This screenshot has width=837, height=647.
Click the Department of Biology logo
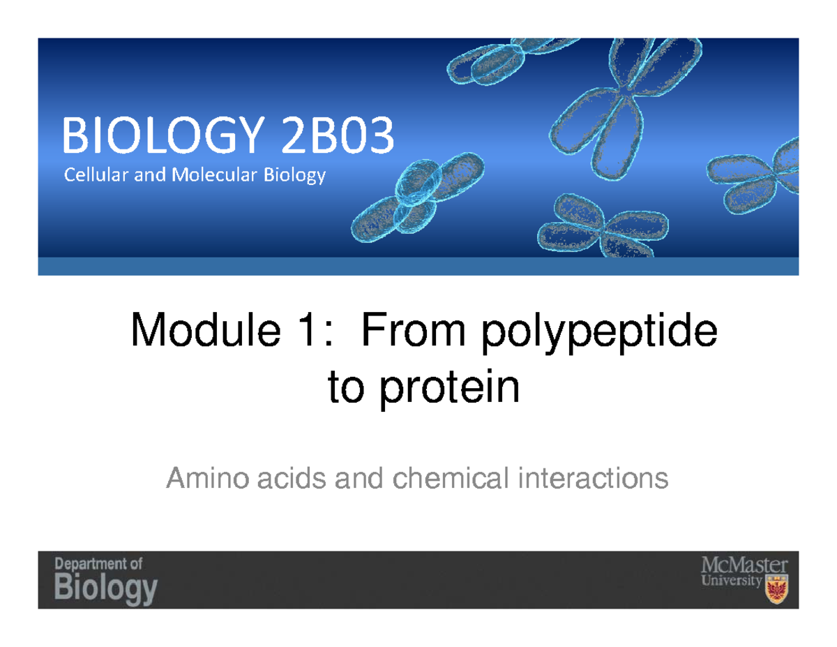pos(106,580)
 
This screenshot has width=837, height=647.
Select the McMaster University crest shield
pos(776,593)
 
